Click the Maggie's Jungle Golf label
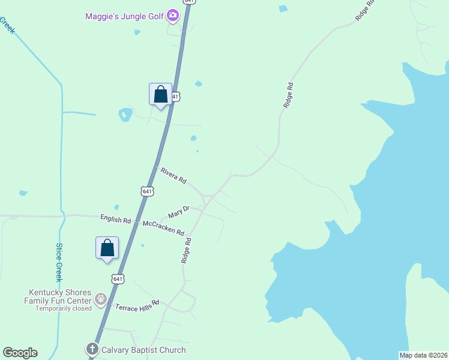pos(124,16)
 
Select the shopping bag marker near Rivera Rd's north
pos(160,95)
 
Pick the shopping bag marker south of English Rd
pos(107,248)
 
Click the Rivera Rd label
pos(173,175)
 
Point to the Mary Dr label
pos(179,212)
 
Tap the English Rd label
pos(115,220)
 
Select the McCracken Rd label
pos(163,228)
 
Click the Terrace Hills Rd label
pos(137,305)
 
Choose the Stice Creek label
pos(59,262)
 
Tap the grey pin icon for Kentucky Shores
pos(101,298)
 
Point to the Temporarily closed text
pos(64,308)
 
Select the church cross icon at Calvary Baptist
pos(92,349)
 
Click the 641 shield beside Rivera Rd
pos(147,191)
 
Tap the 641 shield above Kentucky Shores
pos(118,278)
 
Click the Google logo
pos(20,353)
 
